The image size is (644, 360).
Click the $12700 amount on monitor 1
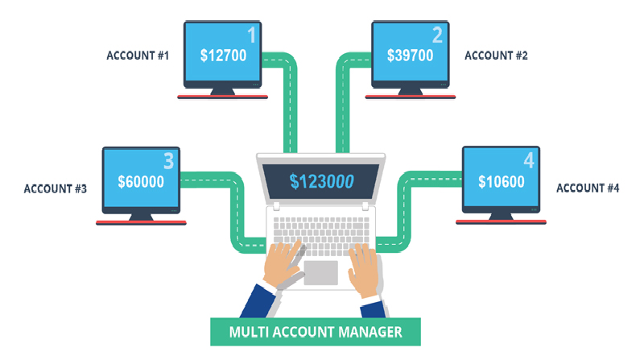tap(224, 56)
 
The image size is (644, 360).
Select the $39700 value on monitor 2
tap(411, 55)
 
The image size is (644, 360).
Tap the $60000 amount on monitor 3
tap(141, 182)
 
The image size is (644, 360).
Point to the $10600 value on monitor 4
tap(502, 181)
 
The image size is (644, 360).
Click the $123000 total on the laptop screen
tap(321, 181)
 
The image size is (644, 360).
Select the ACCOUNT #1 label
tap(138, 56)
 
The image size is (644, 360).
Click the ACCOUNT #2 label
tap(496, 56)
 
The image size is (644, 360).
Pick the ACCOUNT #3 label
tap(56, 188)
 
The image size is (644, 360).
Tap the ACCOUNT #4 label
tap(588, 188)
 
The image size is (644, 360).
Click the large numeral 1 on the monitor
tap(252, 35)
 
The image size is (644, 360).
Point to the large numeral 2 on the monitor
tap(437, 35)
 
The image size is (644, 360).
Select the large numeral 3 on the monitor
tap(169, 161)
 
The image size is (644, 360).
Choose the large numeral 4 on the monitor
tap(529, 160)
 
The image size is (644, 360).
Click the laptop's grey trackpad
tap(320, 272)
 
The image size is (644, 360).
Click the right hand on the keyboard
tap(365, 269)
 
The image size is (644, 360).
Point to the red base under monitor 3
tap(141, 223)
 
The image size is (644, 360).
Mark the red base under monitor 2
tap(411, 97)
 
